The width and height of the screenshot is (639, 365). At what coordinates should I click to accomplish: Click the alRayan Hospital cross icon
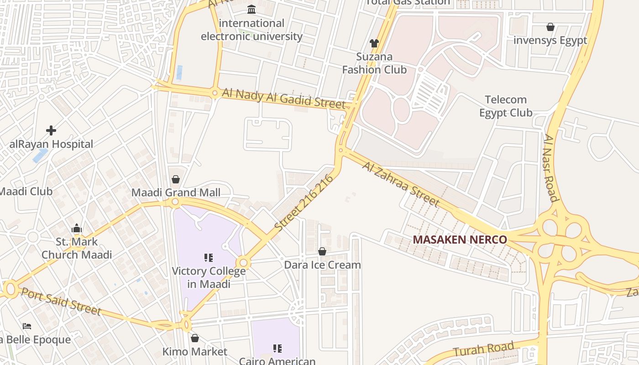(x=51, y=131)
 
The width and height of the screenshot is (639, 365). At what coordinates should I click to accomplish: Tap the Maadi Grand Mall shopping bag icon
(x=176, y=180)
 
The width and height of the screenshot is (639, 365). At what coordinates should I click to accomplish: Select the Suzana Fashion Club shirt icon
(x=374, y=43)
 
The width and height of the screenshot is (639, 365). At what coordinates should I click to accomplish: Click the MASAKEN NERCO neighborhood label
(x=460, y=240)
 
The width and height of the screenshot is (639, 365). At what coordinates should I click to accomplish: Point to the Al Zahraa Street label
(x=401, y=184)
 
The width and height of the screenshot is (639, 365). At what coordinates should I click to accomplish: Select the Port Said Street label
(x=61, y=301)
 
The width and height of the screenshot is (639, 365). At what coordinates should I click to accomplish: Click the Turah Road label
(x=484, y=349)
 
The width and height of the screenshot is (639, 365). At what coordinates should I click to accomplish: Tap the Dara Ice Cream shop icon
(x=322, y=251)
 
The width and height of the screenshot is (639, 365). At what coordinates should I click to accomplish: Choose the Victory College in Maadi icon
(x=209, y=258)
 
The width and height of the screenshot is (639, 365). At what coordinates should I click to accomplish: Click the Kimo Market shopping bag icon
(x=195, y=338)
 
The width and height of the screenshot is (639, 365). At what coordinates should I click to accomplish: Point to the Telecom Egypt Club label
(x=506, y=106)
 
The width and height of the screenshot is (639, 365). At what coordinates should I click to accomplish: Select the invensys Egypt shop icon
(x=550, y=27)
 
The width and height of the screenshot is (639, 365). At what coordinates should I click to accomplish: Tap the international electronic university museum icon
(x=251, y=9)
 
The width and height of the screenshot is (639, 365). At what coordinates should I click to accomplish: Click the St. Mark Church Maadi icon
(x=77, y=229)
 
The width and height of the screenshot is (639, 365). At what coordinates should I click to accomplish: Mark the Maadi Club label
(x=26, y=192)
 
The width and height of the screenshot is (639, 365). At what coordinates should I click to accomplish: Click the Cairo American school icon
(x=278, y=349)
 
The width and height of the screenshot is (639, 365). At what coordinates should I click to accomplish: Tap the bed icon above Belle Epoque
(x=27, y=326)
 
